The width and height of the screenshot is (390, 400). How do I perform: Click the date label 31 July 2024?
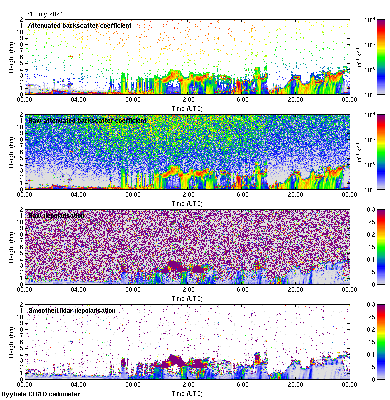point(45,14)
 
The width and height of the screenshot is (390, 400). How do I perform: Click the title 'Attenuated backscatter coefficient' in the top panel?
point(80,25)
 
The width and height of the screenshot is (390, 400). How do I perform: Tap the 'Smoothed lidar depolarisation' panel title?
point(72,310)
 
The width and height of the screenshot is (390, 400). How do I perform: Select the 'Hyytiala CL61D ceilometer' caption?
point(41,394)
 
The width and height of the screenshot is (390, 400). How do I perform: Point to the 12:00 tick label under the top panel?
point(187,99)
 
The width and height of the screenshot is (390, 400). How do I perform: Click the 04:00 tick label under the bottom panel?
point(79,384)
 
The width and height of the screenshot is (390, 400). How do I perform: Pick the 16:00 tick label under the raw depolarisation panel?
point(241,289)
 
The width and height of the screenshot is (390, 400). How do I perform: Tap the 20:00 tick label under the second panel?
point(295,194)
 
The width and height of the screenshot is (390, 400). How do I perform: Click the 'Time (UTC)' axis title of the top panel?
point(187,108)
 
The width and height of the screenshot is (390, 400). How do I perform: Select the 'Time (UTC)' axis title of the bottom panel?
point(187,393)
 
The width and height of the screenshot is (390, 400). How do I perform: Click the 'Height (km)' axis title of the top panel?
point(11,56)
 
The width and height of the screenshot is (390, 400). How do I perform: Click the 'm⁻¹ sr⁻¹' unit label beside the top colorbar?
point(358,56)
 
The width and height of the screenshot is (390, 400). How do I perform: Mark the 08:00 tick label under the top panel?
point(133,99)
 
